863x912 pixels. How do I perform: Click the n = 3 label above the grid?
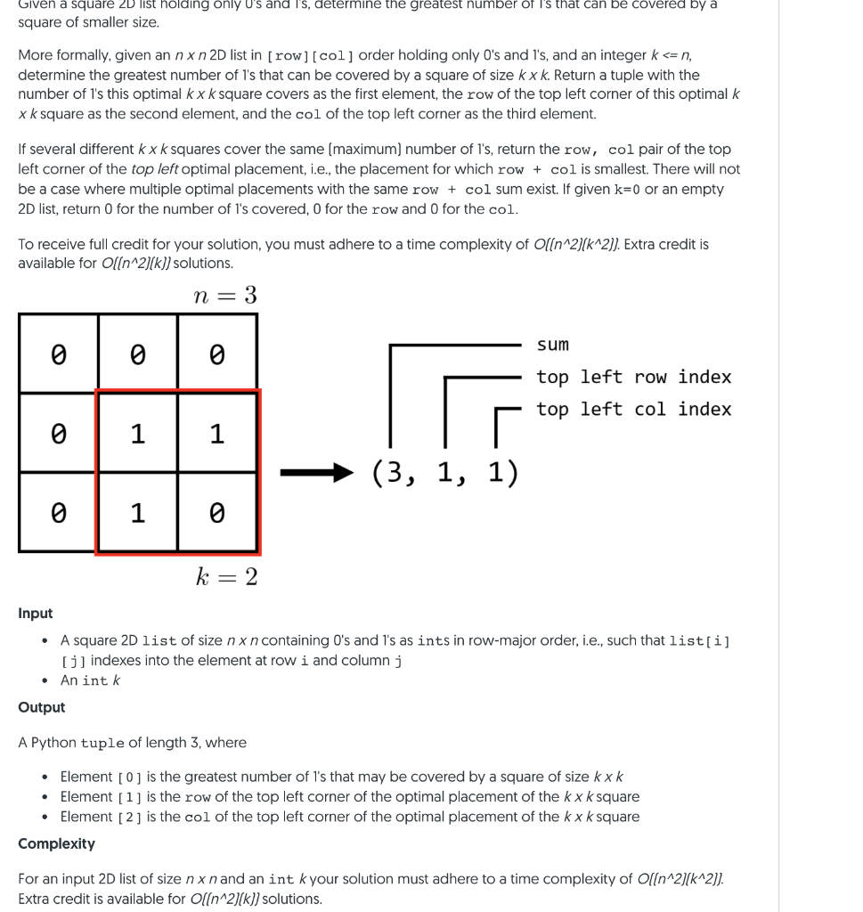(225, 295)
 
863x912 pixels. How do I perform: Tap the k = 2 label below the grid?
(226, 577)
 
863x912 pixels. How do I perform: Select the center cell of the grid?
(137, 434)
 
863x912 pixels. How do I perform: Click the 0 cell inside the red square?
(216, 513)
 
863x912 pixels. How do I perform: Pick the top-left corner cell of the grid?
(58, 354)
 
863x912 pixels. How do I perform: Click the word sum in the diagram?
(552, 345)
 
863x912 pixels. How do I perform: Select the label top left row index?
(633, 377)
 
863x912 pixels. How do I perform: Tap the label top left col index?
(633, 409)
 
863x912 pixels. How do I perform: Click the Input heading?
(36, 614)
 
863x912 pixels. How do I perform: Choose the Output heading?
(42, 707)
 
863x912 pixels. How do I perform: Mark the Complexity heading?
(56, 843)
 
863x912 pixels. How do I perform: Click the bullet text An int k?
(90, 680)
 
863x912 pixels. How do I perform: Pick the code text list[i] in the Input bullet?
(699, 641)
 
